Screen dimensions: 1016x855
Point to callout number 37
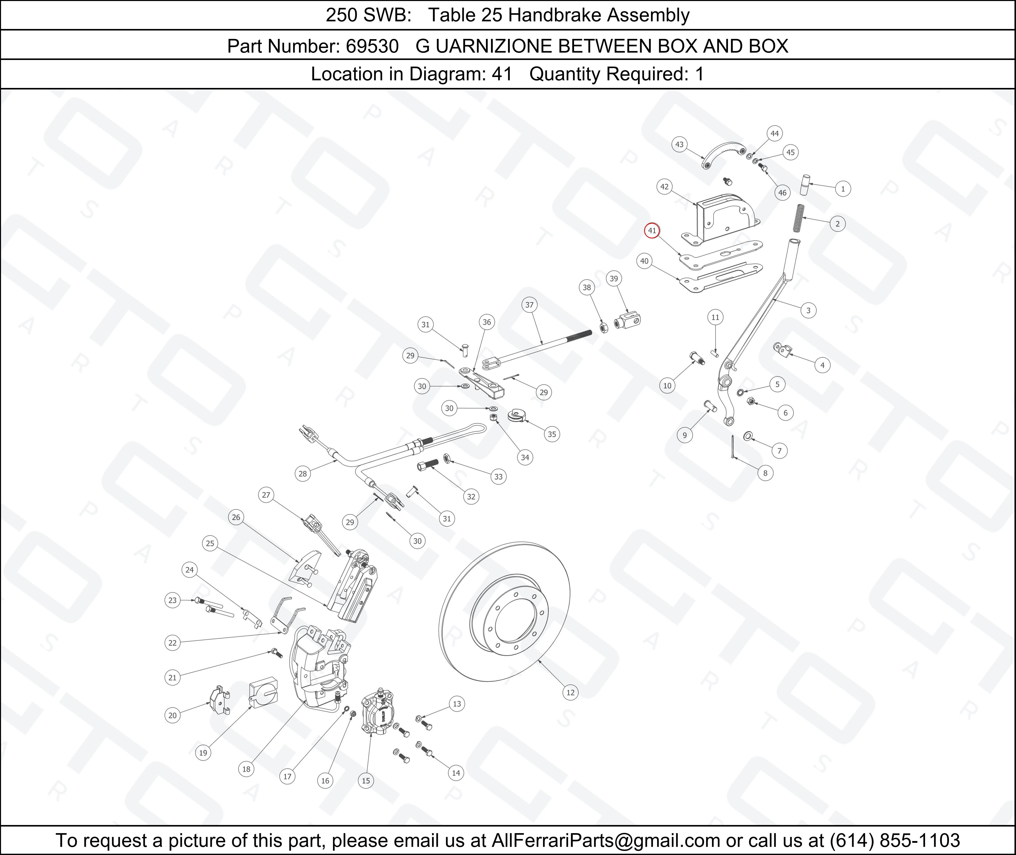529,305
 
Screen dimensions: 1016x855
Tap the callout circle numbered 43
679,144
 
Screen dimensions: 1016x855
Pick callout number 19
203,753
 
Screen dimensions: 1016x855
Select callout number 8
765,473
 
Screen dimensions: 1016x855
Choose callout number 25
210,543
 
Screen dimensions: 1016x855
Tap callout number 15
366,780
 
